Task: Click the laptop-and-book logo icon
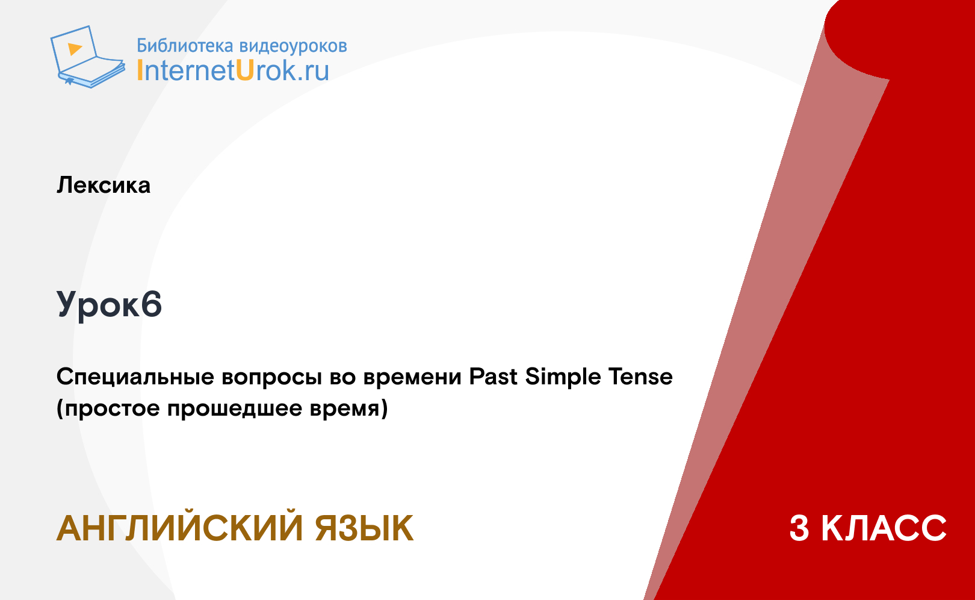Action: pos(88,57)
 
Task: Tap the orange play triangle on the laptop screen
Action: pos(75,49)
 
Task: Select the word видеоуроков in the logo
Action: pos(293,46)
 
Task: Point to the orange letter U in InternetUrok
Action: pos(245,70)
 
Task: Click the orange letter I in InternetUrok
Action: pos(140,70)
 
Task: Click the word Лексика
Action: pos(104,185)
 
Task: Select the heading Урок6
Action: pos(110,304)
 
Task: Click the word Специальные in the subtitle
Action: pos(135,377)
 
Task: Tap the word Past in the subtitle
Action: pos(493,377)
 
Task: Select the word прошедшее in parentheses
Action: pos(235,409)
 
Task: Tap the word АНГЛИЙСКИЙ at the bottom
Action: pos(180,528)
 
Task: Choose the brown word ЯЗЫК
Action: pos(364,528)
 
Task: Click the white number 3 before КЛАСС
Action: pos(799,528)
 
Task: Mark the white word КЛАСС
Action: pos(884,528)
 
